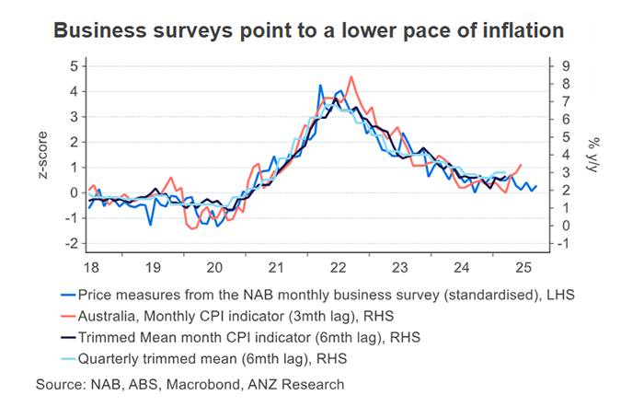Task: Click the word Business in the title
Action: [93, 30]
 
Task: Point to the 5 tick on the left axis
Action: [74, 66]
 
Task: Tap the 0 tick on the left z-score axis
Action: [74, 193]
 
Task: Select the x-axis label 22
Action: [337, 267]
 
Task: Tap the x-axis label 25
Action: [523, 267]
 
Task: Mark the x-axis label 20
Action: [213, 267]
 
